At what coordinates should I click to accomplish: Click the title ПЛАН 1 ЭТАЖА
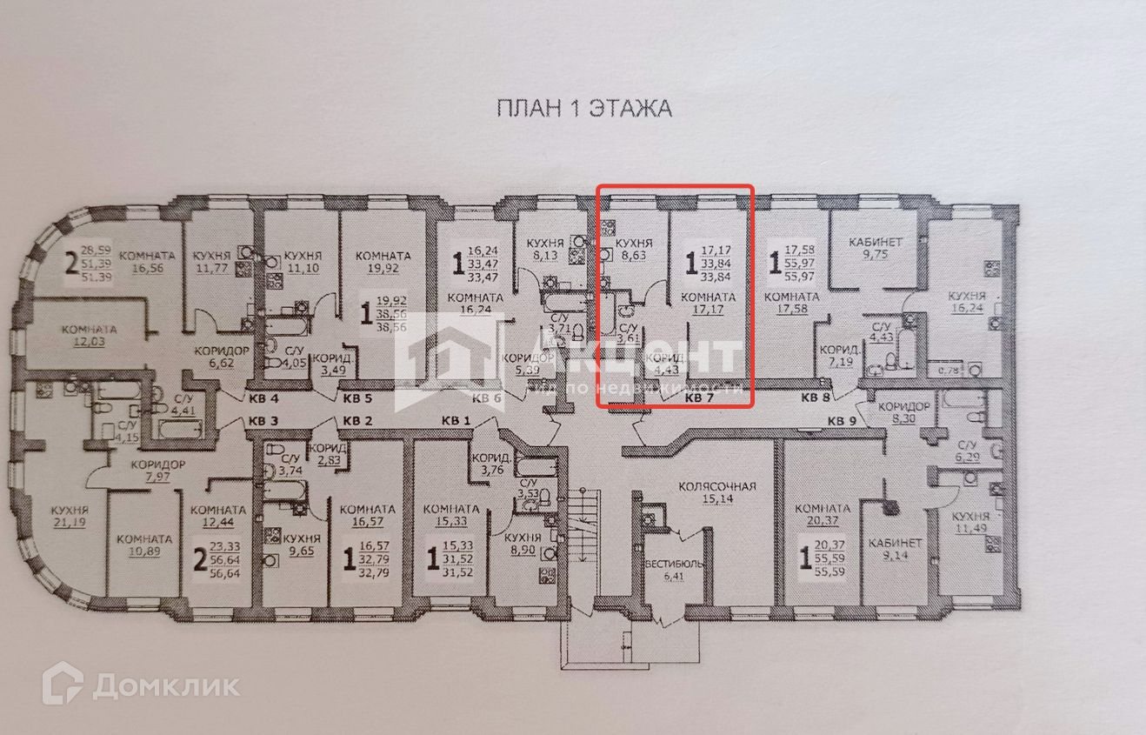click(x=583, y=109)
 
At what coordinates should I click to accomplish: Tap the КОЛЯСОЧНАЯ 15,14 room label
click(x=717, y=493)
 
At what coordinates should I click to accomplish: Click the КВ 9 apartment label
click(x=842, y=421)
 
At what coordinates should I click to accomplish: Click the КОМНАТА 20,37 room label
click(x=822, y=516)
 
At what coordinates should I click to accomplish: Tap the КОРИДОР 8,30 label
click(x=904, y=411)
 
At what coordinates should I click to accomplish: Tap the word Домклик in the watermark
click(x=165, y=685)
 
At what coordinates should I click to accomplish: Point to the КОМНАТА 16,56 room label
click(x=149, y=262)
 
